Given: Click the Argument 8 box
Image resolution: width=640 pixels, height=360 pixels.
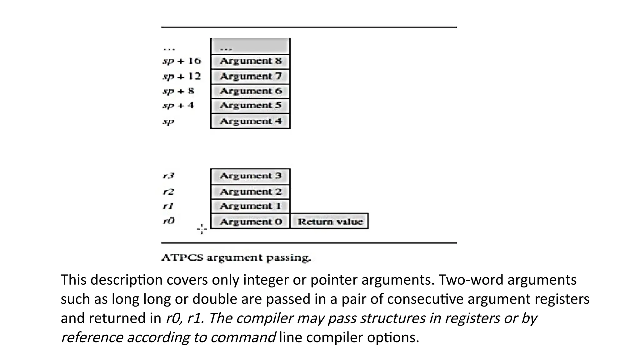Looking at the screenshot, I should pyautogui.click(x=250, y=61).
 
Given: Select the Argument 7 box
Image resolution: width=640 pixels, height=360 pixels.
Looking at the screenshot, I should pyautogui.click(x=250, y=77).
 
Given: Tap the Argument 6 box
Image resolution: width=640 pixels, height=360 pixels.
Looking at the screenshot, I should pyautogui.click(x=250, y=91).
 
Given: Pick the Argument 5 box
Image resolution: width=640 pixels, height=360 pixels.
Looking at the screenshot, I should pyautogui.click(x=250, y=106).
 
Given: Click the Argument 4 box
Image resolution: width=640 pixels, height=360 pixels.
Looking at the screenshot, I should pyautogui.click(x=250, y=121).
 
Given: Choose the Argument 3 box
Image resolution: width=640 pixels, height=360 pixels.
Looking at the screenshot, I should pyautogui.click(x=250, y=176).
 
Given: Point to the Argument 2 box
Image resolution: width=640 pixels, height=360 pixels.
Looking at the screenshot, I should pyautogui.click(x=250, y=192).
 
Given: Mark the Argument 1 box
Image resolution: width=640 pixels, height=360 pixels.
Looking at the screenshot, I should pyautogui.click(x=250, y=206).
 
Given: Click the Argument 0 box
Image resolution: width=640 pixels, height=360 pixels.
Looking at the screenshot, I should pyautogui.click(x=250, y=222).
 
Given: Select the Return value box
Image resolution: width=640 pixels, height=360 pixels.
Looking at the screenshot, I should pyautogui.click(x=330, y=222).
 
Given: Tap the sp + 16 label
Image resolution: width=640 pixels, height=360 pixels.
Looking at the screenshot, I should pyautogui.click(x=182, y=61).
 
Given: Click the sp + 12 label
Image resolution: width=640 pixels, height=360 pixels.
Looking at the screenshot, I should pyautogui.click(x=182, y=76).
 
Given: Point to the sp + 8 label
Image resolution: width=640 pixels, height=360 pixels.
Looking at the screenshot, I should pyautogui.click(x=178, y=91).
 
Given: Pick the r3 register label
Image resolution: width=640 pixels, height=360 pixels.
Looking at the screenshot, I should pyautogui.click(x=168, y=176).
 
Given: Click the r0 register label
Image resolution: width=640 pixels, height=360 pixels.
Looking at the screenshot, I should pyautogui.click(x=169, y=221).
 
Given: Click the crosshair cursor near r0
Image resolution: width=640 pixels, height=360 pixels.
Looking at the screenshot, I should pyautogui.click(x=202, y=229).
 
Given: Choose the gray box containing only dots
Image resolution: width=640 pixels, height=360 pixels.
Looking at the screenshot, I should pyautogui.click(x=250, y=47).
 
